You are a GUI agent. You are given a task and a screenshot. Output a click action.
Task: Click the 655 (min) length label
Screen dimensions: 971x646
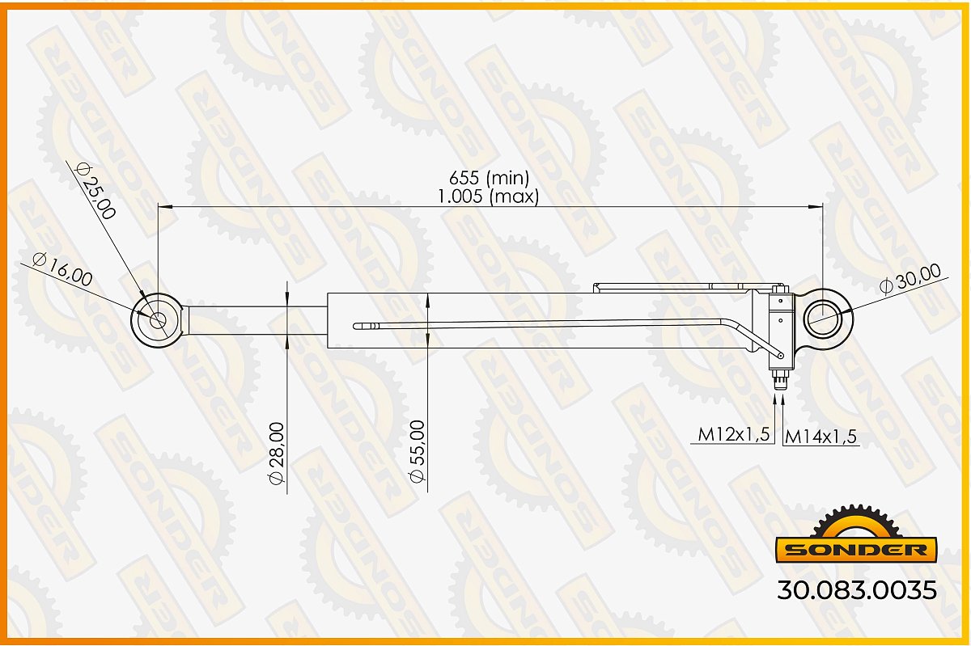coord(489,178)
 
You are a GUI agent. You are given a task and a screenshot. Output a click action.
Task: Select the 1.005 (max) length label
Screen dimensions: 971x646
coord(489,196)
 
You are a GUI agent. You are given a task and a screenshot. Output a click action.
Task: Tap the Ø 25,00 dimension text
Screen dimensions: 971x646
coord(95,191)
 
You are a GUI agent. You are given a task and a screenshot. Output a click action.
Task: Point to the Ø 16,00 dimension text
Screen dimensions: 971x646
coord(62,270)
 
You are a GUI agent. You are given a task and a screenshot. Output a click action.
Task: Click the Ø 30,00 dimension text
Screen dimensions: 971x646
coord(910,279)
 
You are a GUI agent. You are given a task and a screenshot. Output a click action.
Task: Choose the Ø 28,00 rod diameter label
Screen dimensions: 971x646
coord(276,454)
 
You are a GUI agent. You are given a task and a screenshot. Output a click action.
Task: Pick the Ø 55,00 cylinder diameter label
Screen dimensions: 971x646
coord(417,451)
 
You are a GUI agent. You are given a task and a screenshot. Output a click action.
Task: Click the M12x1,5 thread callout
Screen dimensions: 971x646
coord(733,434)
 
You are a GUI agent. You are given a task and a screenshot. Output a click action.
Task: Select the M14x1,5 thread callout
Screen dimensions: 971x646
coord(821,437)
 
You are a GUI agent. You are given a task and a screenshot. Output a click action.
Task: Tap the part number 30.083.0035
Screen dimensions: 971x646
coord(857,590)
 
